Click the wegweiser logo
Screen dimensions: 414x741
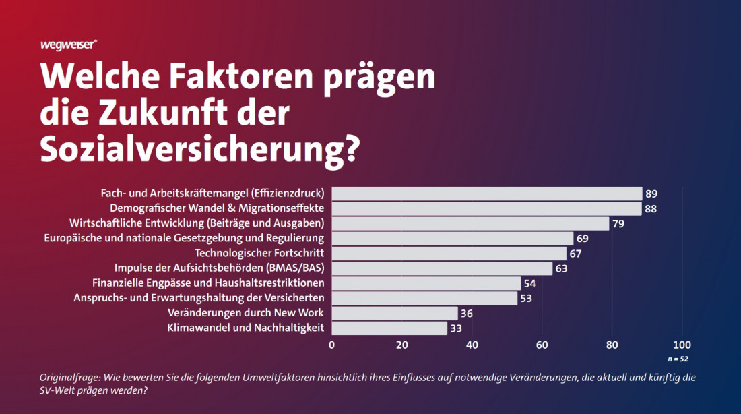coord(69,45)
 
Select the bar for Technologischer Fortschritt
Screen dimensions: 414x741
coord(449,254)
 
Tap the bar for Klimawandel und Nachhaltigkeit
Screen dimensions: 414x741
coord(389,328)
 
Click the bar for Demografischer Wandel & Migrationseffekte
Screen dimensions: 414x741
coord(486,208)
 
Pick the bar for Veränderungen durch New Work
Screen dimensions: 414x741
coord(395,314)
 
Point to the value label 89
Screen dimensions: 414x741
coord(651,194)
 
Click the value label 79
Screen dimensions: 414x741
coord(618,223)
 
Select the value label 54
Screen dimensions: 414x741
coord(529,283)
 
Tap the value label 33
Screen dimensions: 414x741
coord(456,328)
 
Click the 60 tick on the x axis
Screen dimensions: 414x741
coord(542,345)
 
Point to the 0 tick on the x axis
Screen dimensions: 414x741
coord(331,345)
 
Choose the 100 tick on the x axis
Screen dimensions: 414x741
coord(682,345)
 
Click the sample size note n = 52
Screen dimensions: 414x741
coord(678,359)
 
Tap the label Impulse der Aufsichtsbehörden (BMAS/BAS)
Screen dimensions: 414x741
coord(219,268)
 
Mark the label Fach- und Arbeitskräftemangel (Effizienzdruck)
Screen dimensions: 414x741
coord(212,193)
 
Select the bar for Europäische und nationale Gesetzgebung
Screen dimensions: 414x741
coord(452,239)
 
